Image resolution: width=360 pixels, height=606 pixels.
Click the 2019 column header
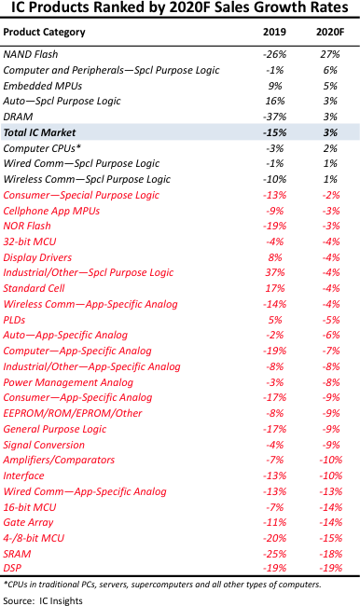(x=274, y=32)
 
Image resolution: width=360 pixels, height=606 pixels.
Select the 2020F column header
(x=330, y=32)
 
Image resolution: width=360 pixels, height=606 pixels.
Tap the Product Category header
(x=44, y=32)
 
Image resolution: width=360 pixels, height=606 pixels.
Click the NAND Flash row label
(x=31, y=54)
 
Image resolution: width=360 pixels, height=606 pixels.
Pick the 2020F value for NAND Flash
(x=330, y=54)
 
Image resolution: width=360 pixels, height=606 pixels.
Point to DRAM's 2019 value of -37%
(x=274, y=117)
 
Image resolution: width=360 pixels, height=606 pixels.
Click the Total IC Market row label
(x=39, y=132)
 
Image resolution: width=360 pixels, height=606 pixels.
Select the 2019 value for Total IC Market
(x=274, y=132)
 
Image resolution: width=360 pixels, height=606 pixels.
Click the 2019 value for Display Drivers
(x=275, y=257)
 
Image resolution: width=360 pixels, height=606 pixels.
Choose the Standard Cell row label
(x=34, y=288)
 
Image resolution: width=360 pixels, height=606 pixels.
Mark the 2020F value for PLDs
(x=331, y=320)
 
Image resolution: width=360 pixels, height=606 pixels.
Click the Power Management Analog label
(x=68, y=382)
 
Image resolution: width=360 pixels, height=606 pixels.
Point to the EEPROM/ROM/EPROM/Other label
(x=73, y=414)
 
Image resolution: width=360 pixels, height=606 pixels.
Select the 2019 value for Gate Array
(x=275, y=522)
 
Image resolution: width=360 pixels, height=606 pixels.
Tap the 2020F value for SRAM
(x=331, y=554)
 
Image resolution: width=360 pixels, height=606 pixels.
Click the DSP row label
(x=12, y=568)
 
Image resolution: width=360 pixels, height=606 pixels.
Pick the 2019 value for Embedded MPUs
(x=275, y=86)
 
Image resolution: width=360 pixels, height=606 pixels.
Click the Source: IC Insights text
(x=43, y=600)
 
